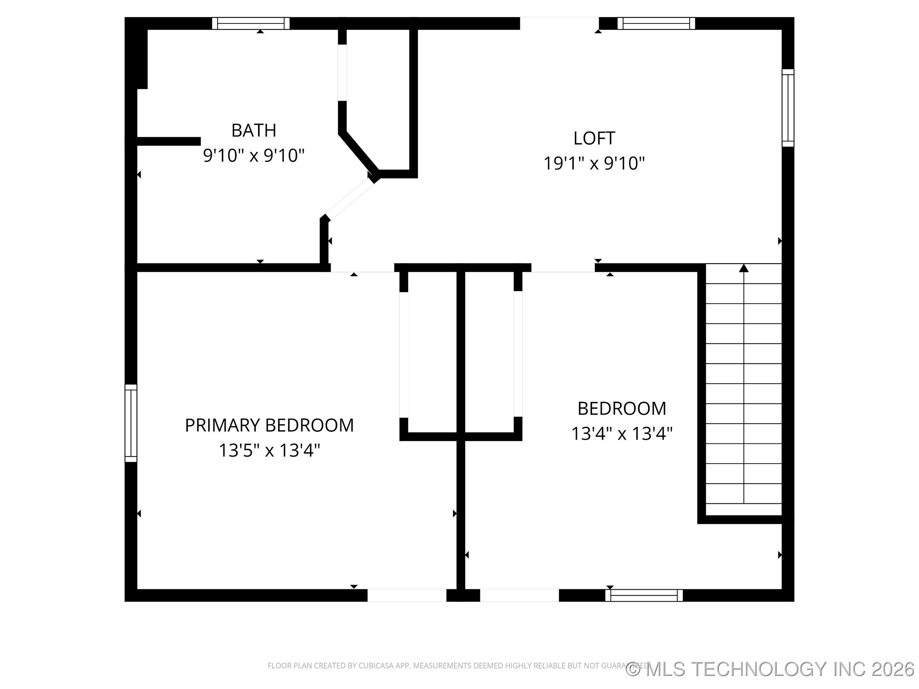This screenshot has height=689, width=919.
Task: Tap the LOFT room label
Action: tap(594, 138)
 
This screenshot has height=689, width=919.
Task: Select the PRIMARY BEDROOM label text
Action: tap(269, 425)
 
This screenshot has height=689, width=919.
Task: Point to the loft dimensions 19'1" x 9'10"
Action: tap(594, 163)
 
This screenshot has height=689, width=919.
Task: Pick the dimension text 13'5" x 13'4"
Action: tap(269, 450)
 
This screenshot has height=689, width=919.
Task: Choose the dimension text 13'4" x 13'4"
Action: tap(622, 433)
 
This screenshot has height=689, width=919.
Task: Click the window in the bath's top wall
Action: tap(250, 23)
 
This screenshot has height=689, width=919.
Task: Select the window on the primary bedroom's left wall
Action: tap(131, 423)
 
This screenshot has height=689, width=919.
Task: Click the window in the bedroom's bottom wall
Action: tap(644, 595)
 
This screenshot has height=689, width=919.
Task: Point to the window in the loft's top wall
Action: tap(656, 23)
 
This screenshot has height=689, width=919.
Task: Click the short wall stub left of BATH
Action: tap(168, 142)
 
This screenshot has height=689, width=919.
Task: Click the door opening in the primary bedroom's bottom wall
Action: tap(407, 595)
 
